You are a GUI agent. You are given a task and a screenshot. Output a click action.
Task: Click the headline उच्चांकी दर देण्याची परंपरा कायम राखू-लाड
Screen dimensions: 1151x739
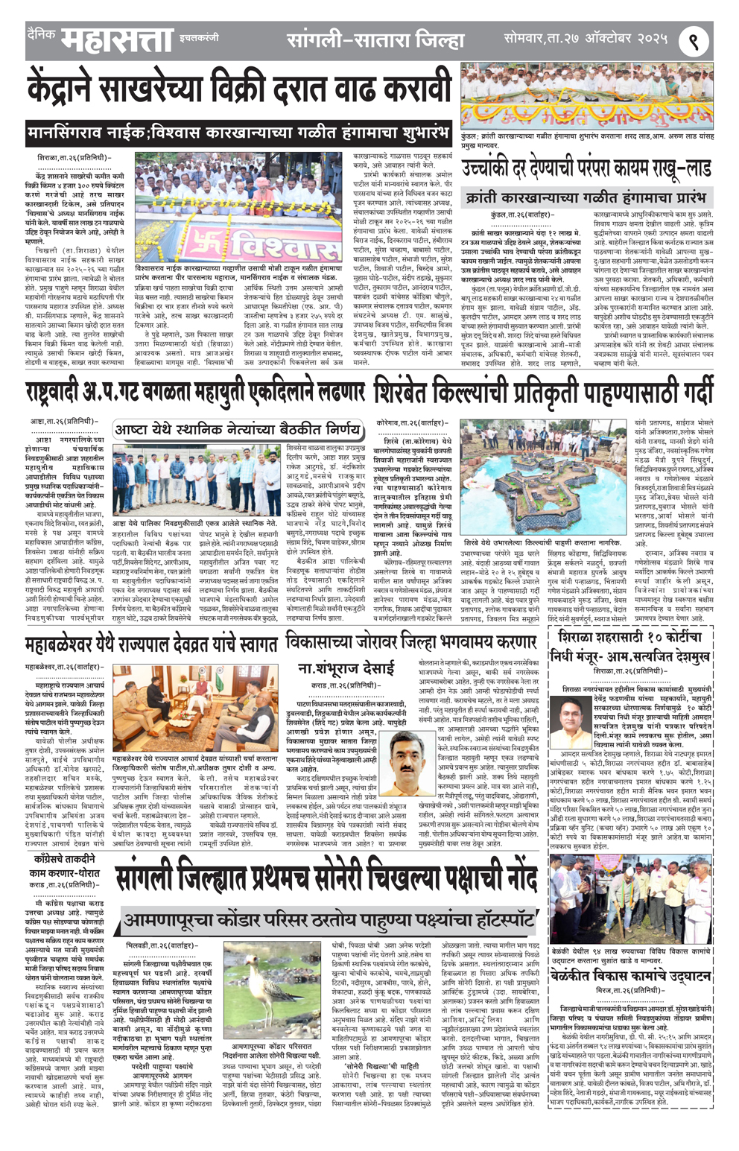(x=586, y=170)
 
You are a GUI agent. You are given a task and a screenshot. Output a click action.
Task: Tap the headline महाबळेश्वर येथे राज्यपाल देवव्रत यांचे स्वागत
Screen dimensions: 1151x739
(x=150, y=644)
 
